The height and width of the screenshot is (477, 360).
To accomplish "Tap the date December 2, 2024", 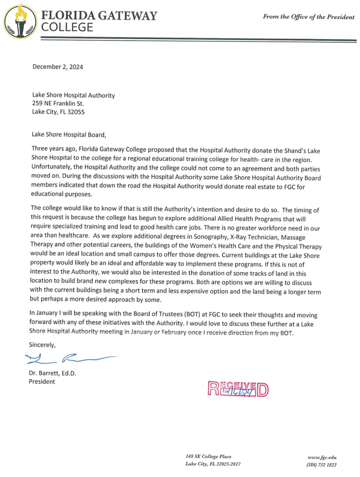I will tap(58, 67).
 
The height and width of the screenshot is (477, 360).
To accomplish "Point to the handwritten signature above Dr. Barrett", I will tap(70, 356).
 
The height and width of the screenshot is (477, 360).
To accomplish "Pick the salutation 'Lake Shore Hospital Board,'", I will tap(69, 135).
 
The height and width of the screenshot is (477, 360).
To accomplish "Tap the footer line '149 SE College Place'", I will tap(208, 456).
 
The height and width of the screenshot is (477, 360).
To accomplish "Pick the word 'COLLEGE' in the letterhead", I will tap(68, 26).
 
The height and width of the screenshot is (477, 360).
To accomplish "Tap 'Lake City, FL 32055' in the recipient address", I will tap(58, 111).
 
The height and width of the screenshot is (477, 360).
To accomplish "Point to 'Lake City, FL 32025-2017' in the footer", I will tap(212, 464).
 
